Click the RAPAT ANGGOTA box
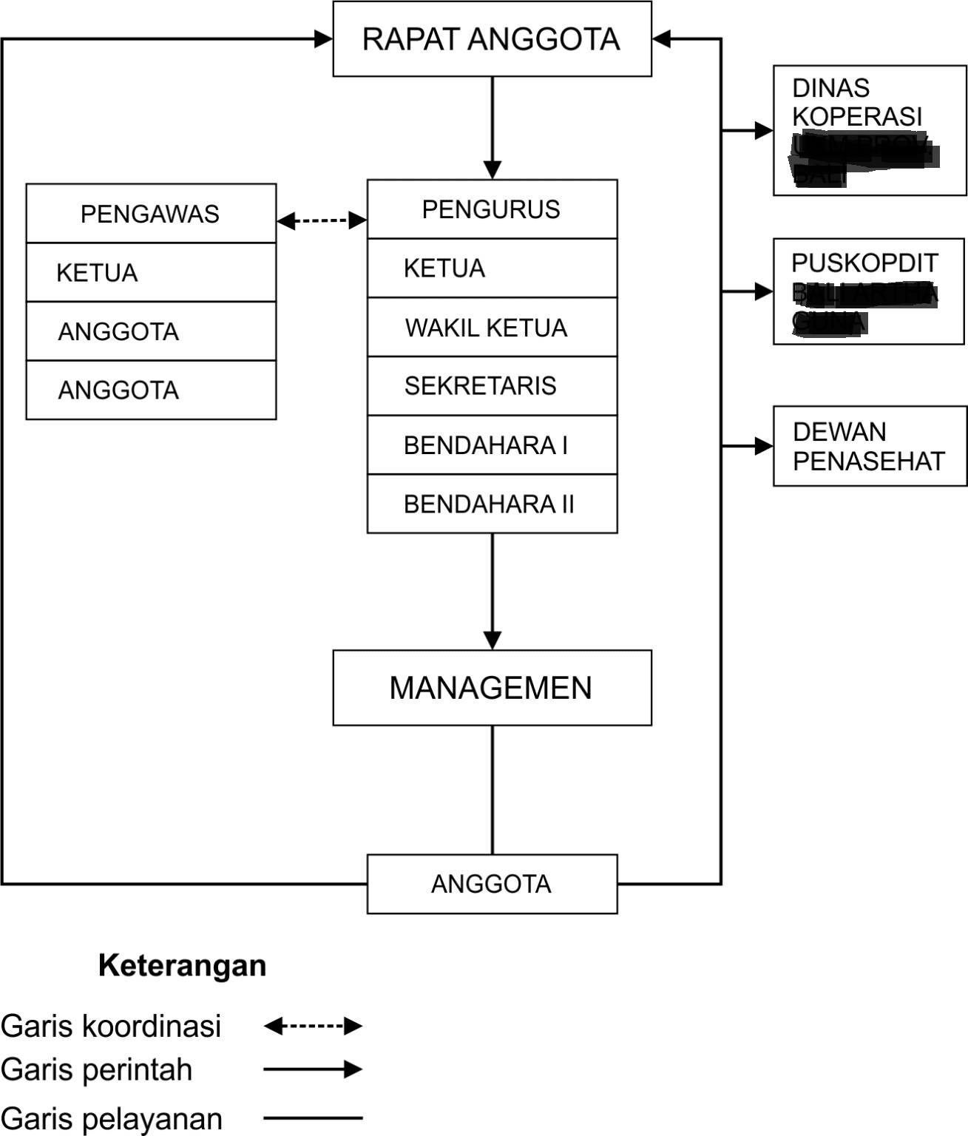tap(492, 39)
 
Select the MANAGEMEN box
tap(492, 688)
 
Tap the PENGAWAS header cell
tap(151, 214)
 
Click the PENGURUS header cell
tap(492, 209)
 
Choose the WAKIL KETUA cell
tap(492, 327)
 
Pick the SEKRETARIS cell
tap(492, 385)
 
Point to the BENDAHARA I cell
tap(492, 445)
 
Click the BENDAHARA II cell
tap(492, 504)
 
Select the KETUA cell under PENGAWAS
tap(151, 272)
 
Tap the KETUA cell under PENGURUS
tap(492, 268)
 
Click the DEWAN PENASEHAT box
tap(870, 446)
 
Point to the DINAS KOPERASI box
tap(870, 130)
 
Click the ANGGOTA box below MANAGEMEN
tap(492, 884)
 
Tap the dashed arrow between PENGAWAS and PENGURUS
tap(322, 220)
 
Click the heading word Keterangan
tap(182, 966)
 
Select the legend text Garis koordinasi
tap(111, 1026)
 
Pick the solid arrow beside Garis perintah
tap(313, 1069)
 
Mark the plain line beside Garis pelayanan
tap(313, 1118)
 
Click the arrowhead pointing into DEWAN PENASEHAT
tap(763, 446)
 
